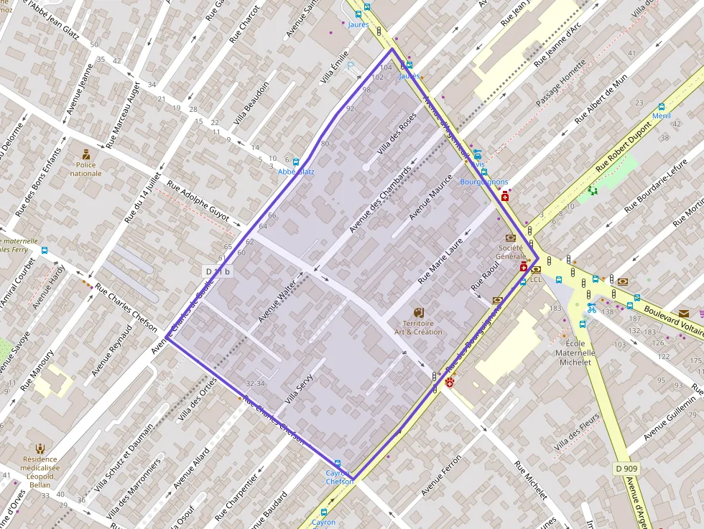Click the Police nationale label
tap(86, 169)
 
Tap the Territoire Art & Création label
tap(418, 327)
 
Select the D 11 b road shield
tap(218, 271)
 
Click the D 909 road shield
tap(626, 469)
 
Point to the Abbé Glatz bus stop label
tap(296, 172)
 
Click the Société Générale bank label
tap(510, 252)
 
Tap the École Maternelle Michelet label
tap(575, 352)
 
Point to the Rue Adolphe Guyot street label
tap(198, 200)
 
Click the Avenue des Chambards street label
tap(380, 199)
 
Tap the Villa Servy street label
tap(300, 385)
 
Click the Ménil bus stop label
tap(660, 116)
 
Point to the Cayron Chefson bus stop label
tap(339, 477)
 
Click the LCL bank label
tap(535, 278)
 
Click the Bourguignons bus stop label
tap(483, 182)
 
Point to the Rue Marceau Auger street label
tap(123, 114)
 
